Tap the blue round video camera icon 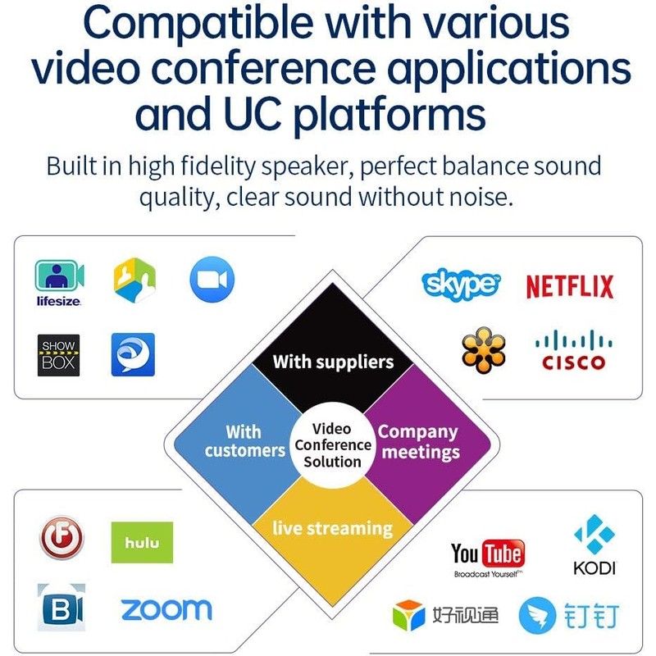212,280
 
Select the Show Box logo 59,355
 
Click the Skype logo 461,285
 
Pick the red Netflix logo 570,287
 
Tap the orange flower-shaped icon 483,353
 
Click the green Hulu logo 142,542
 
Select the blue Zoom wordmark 166,609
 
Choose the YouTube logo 488,557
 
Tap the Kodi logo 594,544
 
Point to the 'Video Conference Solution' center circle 333,445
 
